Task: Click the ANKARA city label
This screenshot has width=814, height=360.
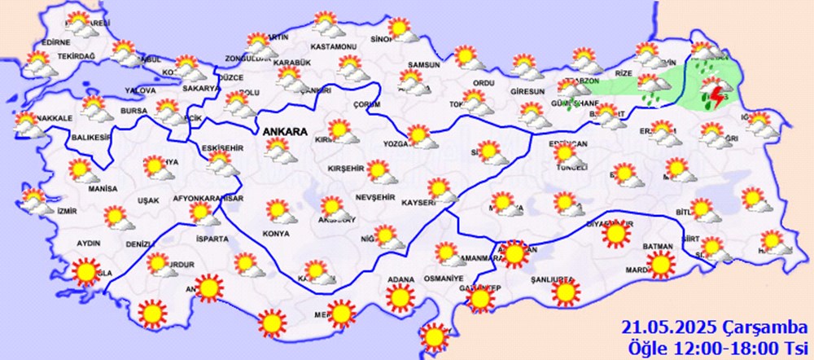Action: click(x=283, y=130)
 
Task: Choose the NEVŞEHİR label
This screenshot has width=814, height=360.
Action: click(x=375, y=198)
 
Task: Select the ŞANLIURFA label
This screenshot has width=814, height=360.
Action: click(x=553, y=279)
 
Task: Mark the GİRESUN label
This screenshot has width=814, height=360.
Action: click(x=528, y=91)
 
